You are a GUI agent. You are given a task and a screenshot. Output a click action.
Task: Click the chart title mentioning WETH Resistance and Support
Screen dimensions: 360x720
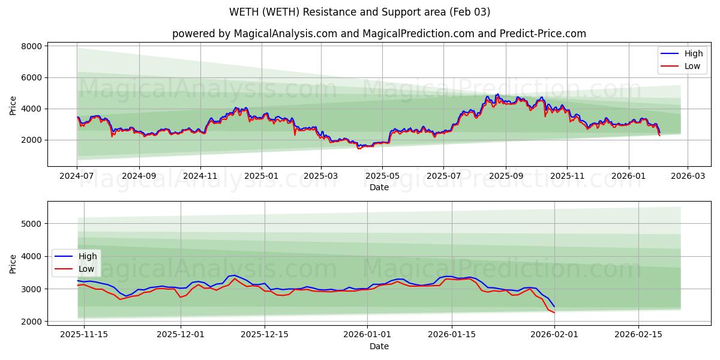coord(359,12)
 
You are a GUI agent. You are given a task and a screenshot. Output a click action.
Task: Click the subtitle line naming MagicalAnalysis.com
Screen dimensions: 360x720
coord(379,34)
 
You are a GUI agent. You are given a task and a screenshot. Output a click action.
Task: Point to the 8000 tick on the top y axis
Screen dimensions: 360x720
coord(31,46)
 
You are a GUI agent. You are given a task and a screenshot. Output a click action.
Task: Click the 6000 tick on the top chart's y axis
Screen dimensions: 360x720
coord(31,77)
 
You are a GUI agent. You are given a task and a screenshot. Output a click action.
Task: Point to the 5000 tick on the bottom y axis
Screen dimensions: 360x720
coord(31,224)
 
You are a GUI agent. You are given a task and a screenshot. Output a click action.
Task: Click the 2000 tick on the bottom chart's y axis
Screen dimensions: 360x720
coord(31,322)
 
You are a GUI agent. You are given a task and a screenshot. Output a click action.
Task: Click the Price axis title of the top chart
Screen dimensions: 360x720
coord(13,104)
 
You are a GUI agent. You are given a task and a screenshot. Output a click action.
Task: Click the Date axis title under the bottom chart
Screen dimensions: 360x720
coord(379,346)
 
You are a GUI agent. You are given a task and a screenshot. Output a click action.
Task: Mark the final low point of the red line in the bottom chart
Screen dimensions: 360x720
coord(554,313)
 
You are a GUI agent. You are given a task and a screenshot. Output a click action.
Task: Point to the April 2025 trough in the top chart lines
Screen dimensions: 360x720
coord(359,148)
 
